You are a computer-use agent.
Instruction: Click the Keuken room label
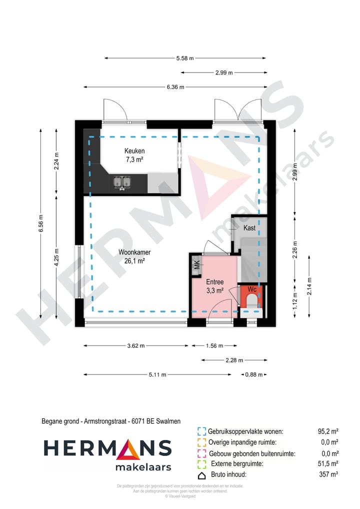[134, 151]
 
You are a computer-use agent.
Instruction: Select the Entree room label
[215, 282]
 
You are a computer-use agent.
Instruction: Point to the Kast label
[249, 228]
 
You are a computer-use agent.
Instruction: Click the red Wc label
[252, 289]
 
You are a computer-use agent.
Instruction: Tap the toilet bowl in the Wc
[251, 301]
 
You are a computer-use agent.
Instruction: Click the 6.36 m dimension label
[175, 87]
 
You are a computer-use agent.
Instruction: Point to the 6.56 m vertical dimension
[41, 223]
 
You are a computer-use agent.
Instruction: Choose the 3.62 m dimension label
[135, 345]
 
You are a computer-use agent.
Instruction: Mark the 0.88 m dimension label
[253, 374]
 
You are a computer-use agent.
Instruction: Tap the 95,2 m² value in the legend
[328, 431]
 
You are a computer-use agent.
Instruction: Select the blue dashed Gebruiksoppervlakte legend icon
[202, 431]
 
